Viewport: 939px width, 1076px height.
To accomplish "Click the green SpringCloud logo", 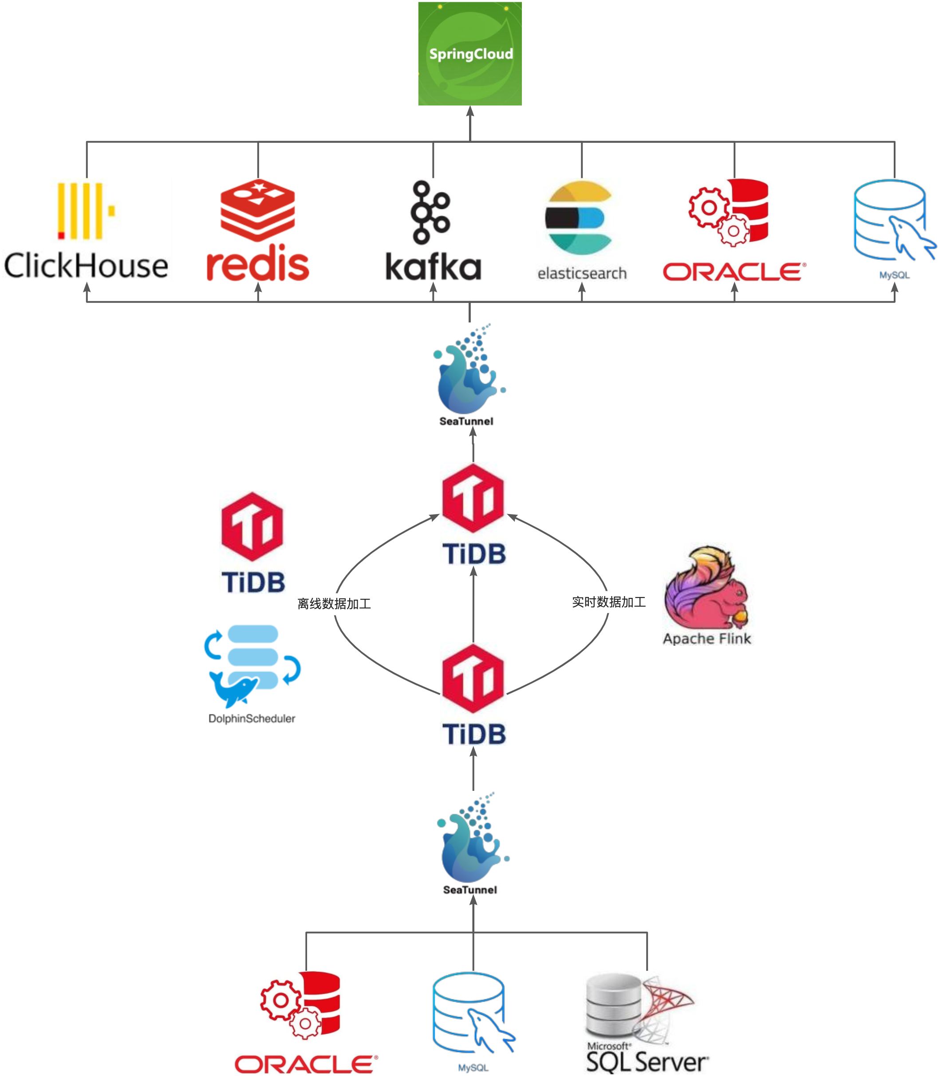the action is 470,53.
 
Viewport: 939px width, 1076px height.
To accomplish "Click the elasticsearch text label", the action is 582,273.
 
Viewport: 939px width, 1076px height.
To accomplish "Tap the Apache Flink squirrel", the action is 706,588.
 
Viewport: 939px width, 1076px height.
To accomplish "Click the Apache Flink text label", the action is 707,638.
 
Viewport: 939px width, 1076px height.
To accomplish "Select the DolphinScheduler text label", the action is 252,719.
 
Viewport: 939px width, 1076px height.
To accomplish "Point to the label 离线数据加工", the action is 334,604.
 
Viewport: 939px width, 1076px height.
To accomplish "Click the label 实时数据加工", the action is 609,602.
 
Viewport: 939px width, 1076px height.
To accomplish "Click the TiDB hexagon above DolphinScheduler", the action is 252,527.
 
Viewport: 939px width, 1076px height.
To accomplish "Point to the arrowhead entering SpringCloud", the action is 470,111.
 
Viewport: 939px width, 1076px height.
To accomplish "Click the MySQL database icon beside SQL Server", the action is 473,1013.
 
